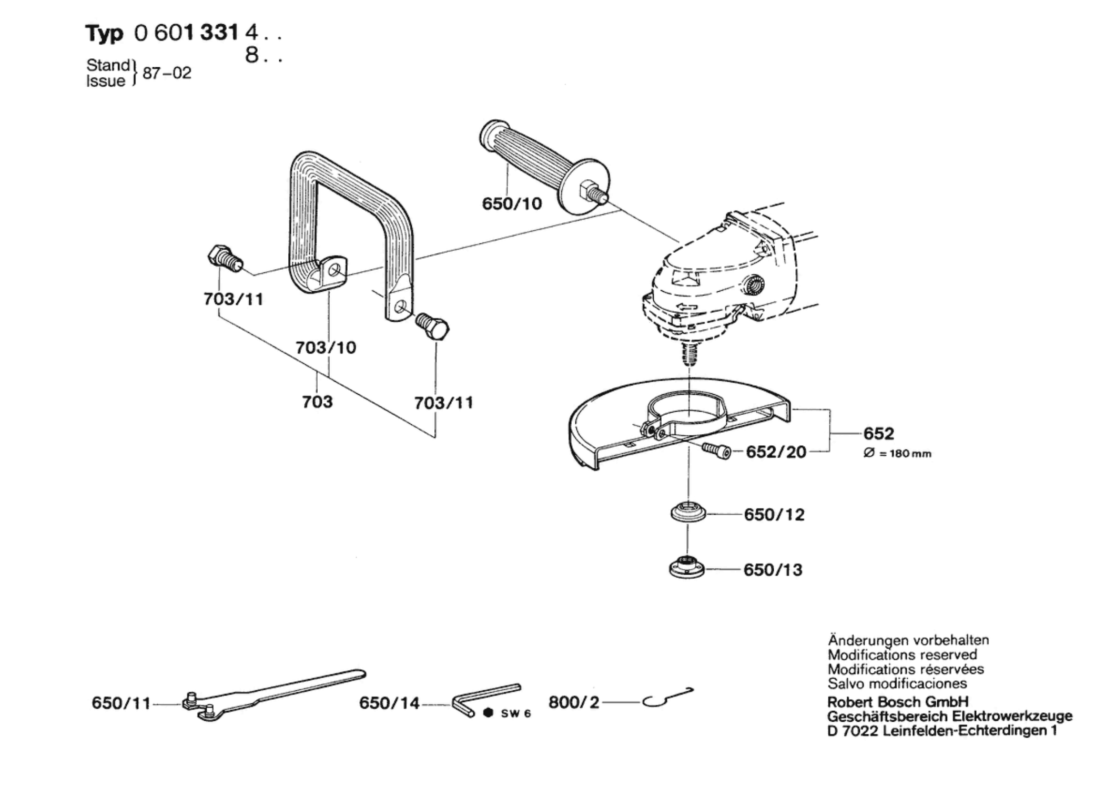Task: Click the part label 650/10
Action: click(x=512, y=203)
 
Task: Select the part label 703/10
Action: click(x=326, y=347)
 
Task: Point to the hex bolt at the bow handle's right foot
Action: click(x=432, y=326)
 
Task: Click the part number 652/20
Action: click(x=776, y=452)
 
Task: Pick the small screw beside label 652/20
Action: click(x=716, y=451)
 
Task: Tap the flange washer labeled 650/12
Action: click(x=688, y=513)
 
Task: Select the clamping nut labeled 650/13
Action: click(x=687, y=568)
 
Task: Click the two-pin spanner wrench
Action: click(x=274, y=695)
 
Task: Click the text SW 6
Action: click(x=515, y=713)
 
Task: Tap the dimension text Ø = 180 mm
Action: click(x=897, y=453)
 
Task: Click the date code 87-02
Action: click(x=167, y=73)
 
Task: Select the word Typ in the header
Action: click(x=104, y=34)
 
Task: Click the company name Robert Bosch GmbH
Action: click(x=898, y=702)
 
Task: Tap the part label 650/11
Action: click(x=121, y=703)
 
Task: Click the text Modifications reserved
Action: click(x=902, y=654)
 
